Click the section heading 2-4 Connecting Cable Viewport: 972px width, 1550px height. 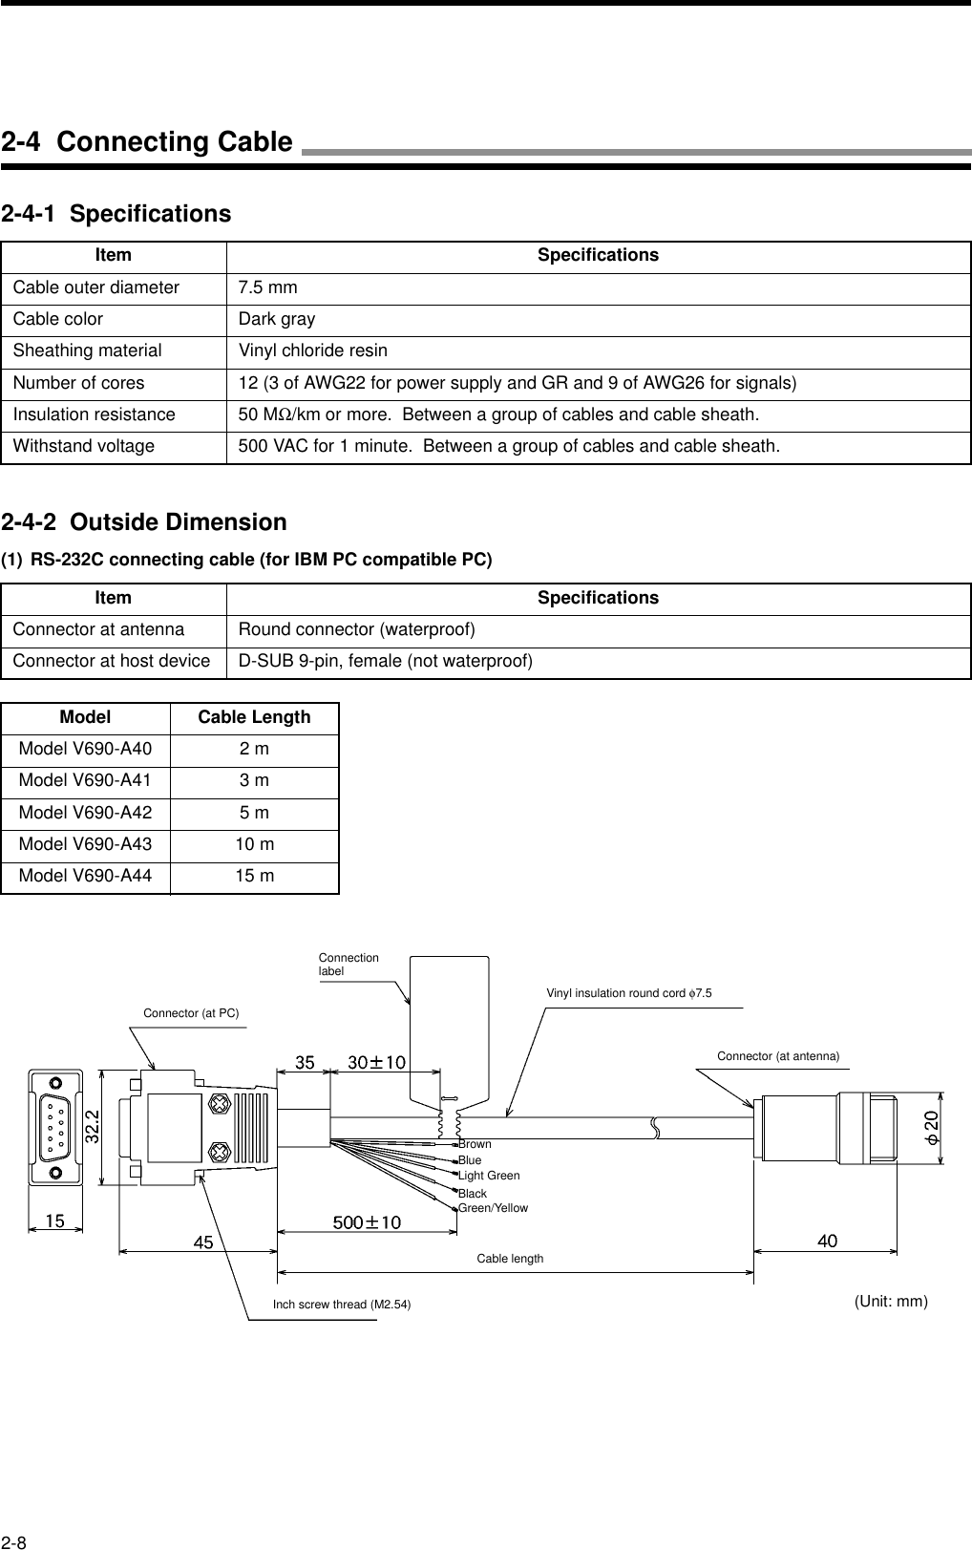pos(147,142)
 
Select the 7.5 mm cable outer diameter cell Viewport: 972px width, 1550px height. pos(268,287)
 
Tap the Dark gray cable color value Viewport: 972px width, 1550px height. pos(277,319)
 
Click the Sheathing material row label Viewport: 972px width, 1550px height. pos(88,350)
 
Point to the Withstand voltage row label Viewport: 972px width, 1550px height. pos(84,446)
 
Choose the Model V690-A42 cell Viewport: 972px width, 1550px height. pos(85,813)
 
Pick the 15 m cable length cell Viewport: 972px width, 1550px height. pos(255,876)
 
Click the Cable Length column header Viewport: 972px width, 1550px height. pos(254,717)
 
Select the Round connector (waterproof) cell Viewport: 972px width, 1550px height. pos(357,629)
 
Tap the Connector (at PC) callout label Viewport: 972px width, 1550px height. pos(191,1012)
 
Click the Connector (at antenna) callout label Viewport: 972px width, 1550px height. pos(778,1055)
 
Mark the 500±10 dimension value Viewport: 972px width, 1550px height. pos(367,1222)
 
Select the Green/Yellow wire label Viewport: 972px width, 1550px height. pos(493,1208)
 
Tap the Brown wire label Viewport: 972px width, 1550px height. pos(475,1144)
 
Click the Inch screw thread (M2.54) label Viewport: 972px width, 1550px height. pos(342,1305)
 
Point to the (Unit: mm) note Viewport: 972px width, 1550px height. pos(891,1301)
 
